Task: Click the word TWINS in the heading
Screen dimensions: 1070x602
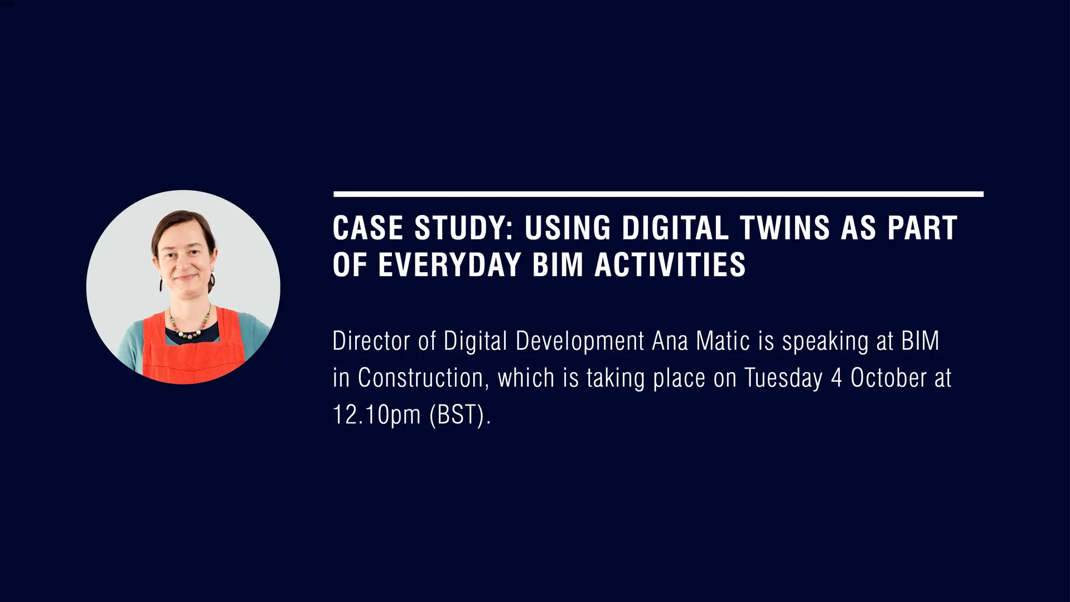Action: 785,228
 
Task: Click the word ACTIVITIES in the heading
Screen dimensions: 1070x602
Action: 670,265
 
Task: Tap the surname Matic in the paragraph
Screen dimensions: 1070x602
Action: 723,341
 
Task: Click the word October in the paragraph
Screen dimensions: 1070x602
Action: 888,378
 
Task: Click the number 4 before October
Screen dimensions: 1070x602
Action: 836,378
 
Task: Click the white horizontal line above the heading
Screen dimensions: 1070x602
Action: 659,194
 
